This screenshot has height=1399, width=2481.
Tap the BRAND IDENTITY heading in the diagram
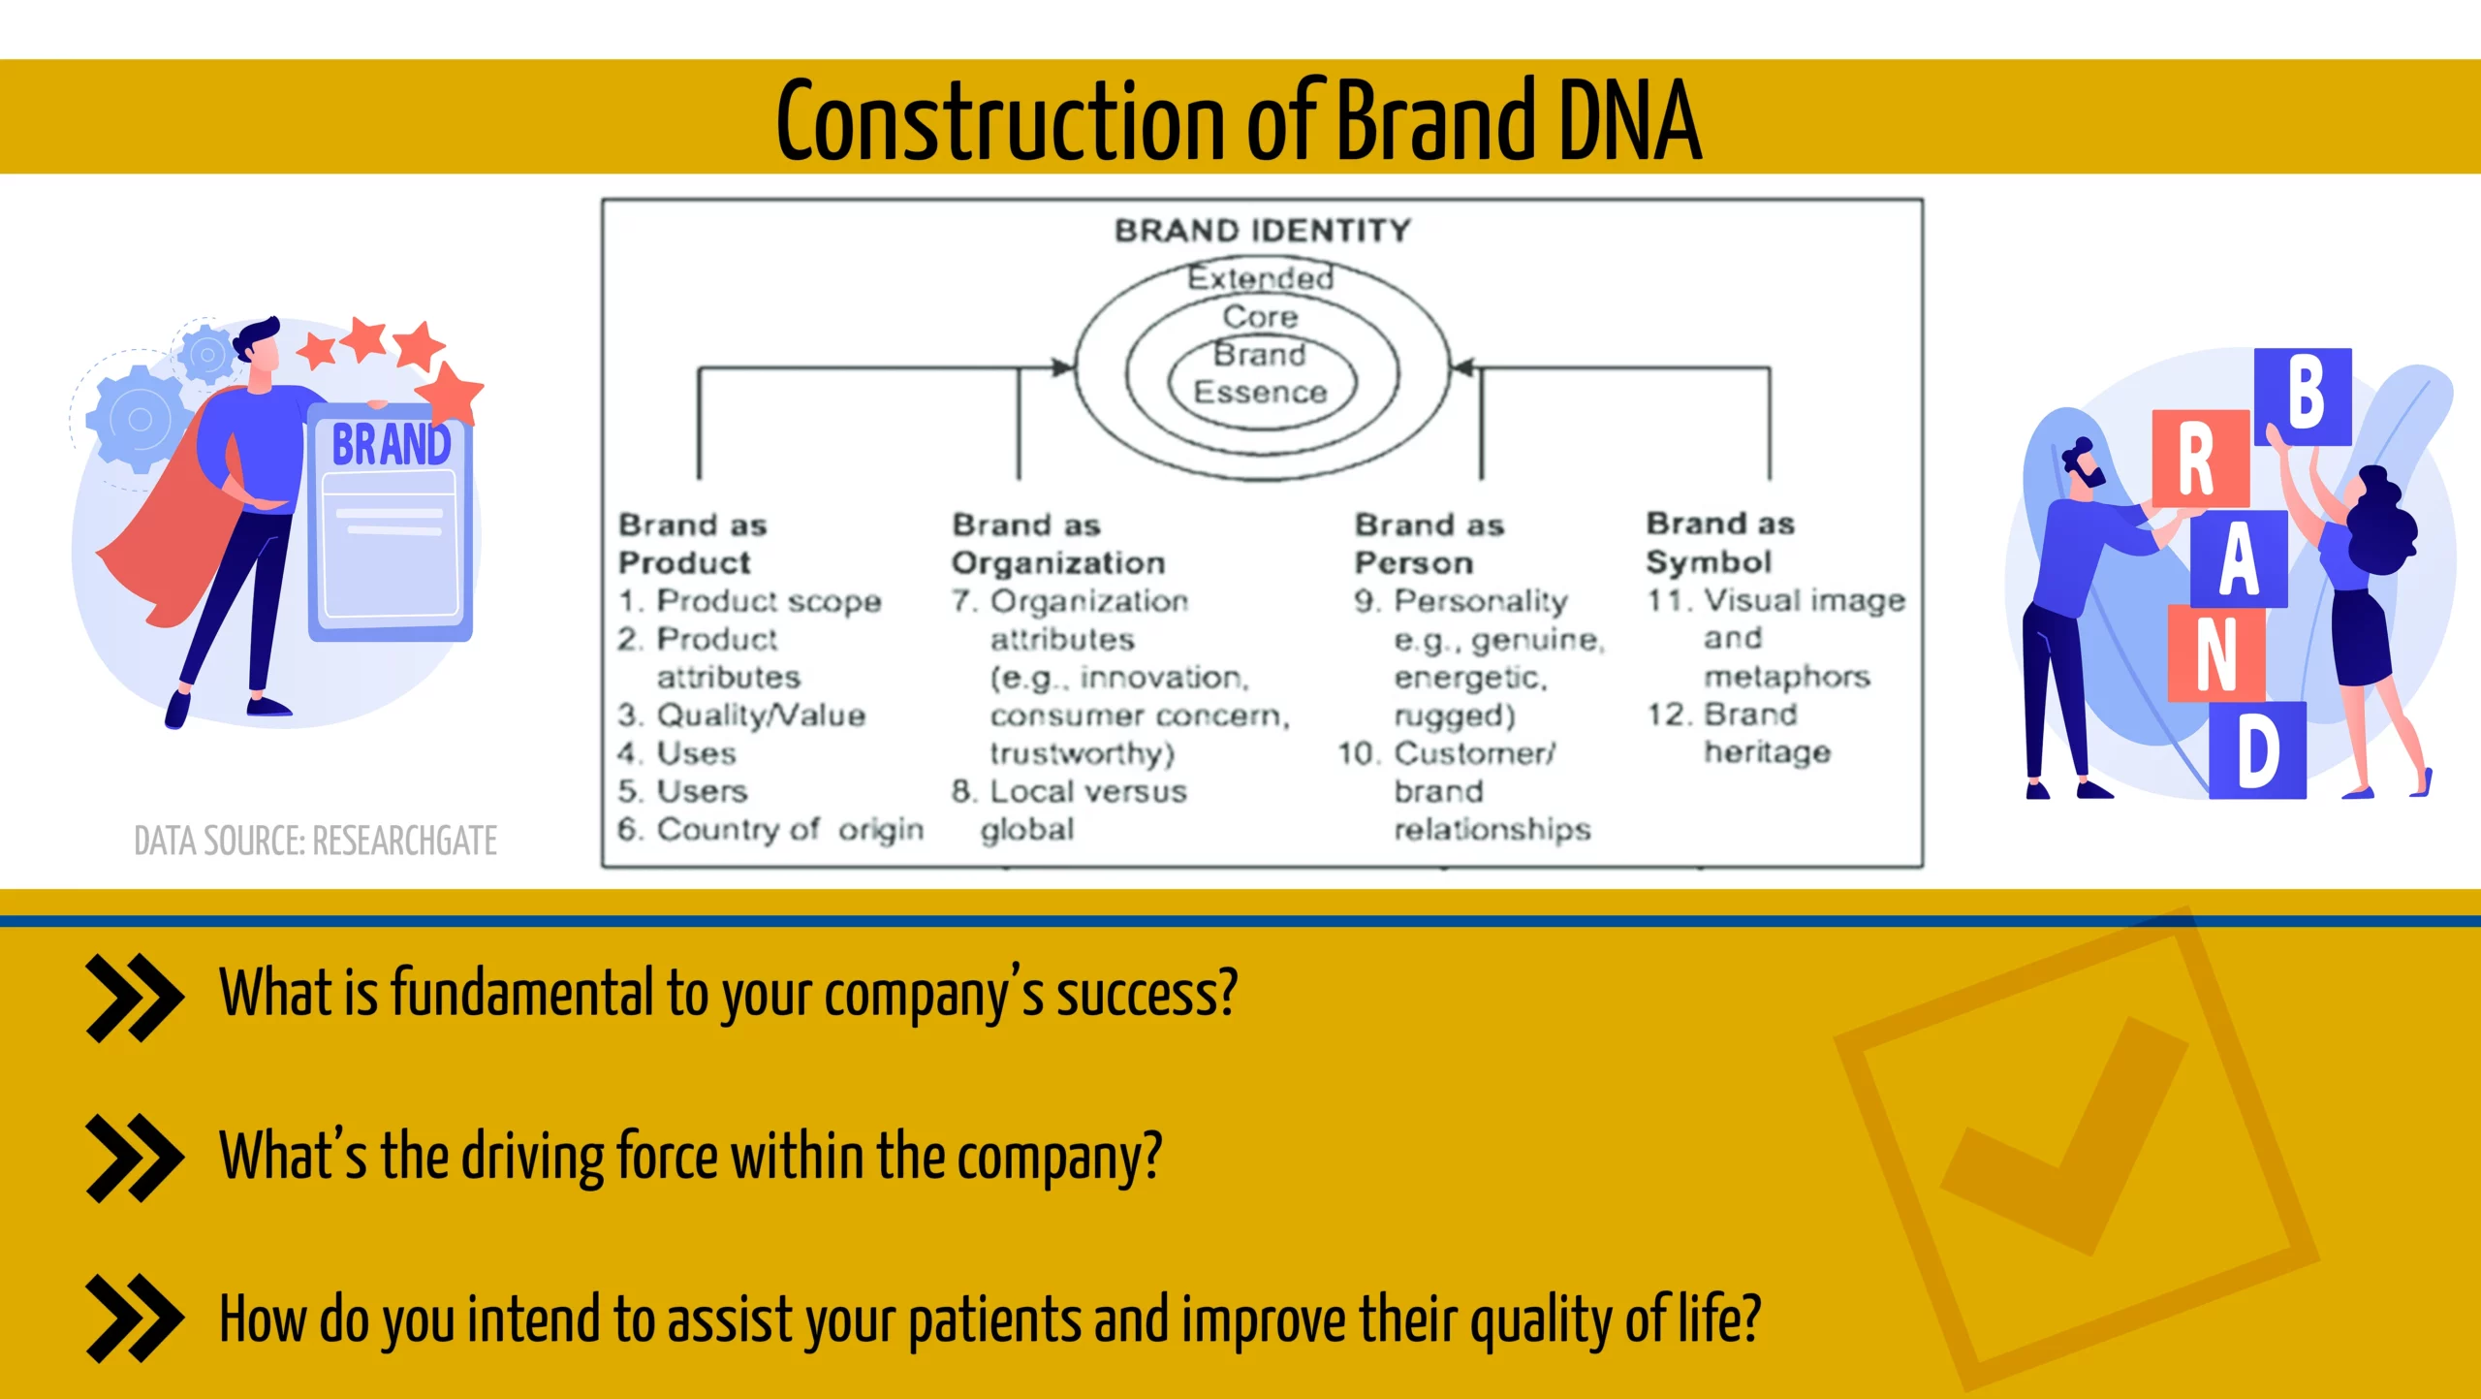click(1262, 231)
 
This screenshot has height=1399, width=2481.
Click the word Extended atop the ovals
click(1261, 278)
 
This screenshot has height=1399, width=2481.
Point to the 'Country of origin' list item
click(770, 830)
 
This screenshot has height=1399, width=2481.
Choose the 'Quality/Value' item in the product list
click(741, 715)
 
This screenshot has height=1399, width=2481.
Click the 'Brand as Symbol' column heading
click(1720, 542)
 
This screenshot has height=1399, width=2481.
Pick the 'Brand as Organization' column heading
click(1058, 544)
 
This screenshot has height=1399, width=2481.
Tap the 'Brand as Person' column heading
click(1429, 544)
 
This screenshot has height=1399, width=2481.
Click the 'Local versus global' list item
click(1069, 811)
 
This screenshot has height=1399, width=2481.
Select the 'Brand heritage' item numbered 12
click(1740, 733)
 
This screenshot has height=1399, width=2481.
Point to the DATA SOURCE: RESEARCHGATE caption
click(315, 841)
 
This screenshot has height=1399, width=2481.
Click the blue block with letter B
click(2303, 397)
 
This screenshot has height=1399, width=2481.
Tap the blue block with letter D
click(2257, 750)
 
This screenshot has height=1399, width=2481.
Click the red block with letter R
click(2200, 459)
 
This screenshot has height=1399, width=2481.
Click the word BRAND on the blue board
click(392, 445)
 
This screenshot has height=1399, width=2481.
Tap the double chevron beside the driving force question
click(134, 1159)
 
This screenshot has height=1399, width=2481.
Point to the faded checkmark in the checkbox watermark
click(2064, 1134)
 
